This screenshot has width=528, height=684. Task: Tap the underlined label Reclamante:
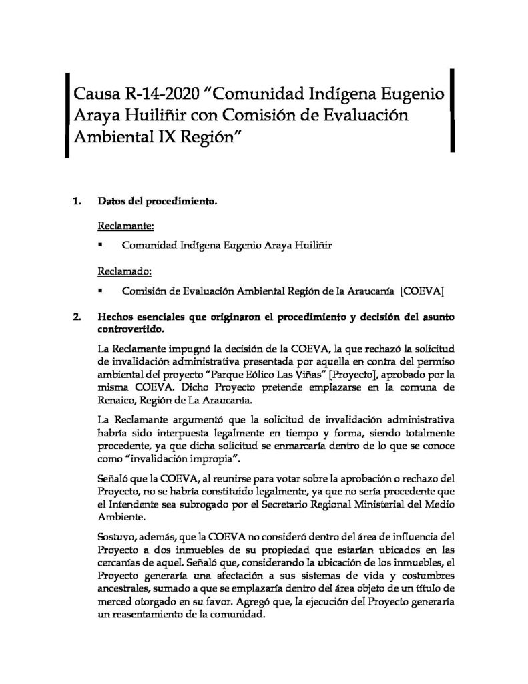tap(126, 225)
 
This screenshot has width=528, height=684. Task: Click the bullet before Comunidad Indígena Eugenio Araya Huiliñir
tap(100, 246)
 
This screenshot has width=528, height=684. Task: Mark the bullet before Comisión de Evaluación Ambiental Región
tap(100, 291)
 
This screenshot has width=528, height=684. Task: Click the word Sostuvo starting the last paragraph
tap(117, 536)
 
